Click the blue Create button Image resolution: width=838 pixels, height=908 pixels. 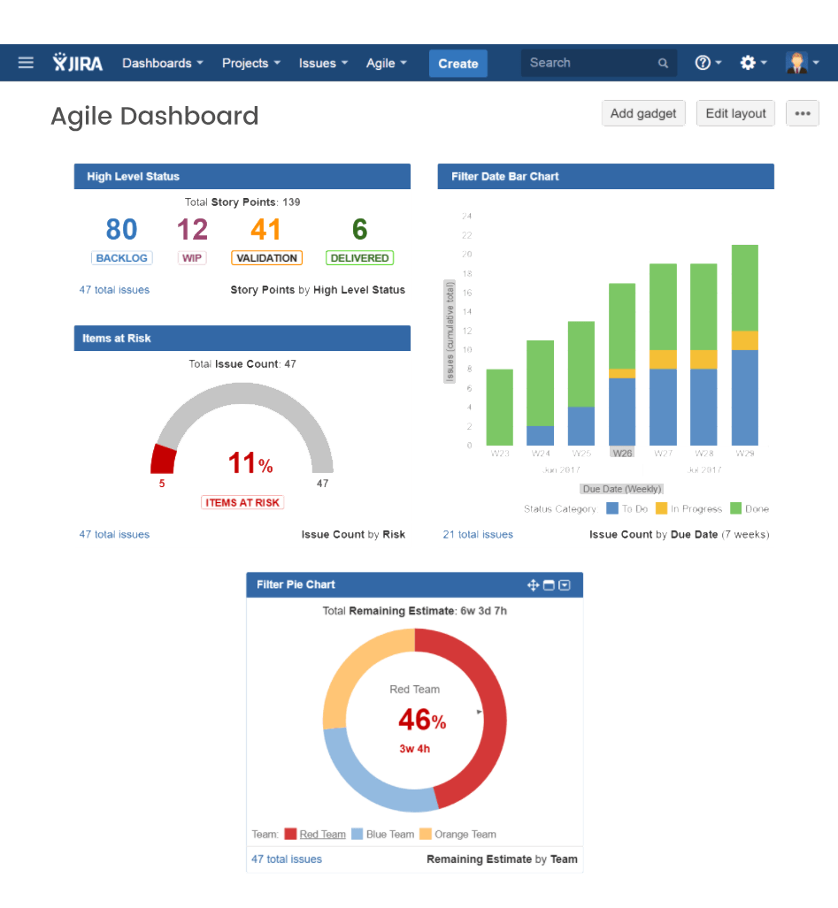457,64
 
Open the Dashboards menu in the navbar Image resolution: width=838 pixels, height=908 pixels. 162,64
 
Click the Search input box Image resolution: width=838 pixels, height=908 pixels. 588,63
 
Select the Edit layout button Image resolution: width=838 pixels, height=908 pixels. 735,113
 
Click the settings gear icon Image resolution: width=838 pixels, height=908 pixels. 748,63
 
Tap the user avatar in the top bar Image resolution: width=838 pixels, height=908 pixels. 796,63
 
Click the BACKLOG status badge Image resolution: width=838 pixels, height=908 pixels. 121,258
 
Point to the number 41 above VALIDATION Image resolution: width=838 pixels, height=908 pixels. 265,230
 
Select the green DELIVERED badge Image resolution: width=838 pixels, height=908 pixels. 359,258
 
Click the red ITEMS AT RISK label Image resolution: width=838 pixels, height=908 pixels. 242,502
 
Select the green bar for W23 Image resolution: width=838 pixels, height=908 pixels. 500,407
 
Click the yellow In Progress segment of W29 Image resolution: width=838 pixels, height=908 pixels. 744,340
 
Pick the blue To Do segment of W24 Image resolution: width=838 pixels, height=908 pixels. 541,435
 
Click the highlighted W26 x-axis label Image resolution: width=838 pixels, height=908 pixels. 622,453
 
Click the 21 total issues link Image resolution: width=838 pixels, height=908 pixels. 478,534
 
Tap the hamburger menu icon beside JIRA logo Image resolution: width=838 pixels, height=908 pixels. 26,63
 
